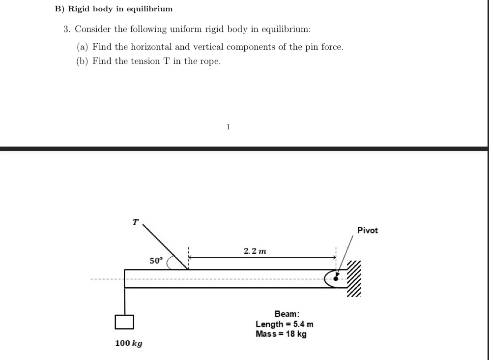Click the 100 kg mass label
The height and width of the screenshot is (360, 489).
pyautogui.click(x=129, y=343)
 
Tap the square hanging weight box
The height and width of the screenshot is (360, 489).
pyautogui.click(x=125, y=321)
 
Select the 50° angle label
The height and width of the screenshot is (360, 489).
pyautogui.click(x=155, y=261)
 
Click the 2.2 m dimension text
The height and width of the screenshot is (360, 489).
pyautogui.click(x=255, y=251)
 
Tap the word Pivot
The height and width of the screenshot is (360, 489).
pyautogui.click(x=368, y=230)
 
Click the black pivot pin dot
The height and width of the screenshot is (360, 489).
pyautogui.click(x=337, y=278)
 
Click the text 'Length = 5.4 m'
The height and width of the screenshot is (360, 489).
pyautogui.click(x=285, y=324)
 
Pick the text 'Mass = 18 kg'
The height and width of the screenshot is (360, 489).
pyautogui.click(x=281, y=334)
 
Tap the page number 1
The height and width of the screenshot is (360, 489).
pyautogui.click(x=228, y=126)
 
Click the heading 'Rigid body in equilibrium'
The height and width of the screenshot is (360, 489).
pyautogui.click(x=120, y=9)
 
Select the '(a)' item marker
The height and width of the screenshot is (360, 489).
pyautogui.click(x=82, y=47)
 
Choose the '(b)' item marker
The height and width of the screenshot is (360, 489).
pyautogui.click(x=82, y=61)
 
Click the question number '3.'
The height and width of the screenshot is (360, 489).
pyautogui.click(x=67, y=29)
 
